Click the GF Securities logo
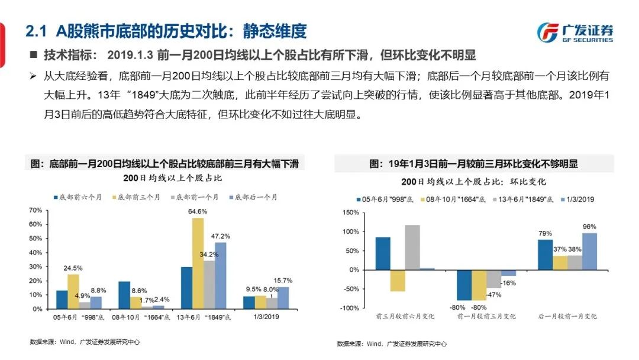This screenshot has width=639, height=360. (x=575, y=33)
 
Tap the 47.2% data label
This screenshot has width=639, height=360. (x=221, y=236)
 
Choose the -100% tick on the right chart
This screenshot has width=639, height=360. (x=350, y=308)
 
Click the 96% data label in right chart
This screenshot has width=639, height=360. (x=589, y=226)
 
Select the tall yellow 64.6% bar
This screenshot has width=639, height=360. (x=198, y=263)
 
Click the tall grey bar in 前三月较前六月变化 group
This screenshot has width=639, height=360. (x=412, y=247)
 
